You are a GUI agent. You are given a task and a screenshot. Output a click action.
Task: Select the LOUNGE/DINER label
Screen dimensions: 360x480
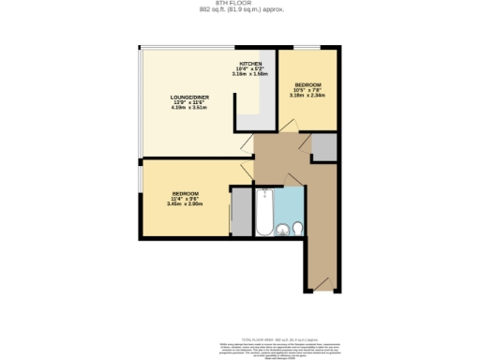click(x=188, y=97)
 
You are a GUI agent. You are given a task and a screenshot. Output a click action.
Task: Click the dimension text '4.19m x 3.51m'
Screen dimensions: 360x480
click(x=188, y=108)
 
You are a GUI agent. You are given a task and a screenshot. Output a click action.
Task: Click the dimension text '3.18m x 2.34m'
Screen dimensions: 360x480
click(x=307, y=94)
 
